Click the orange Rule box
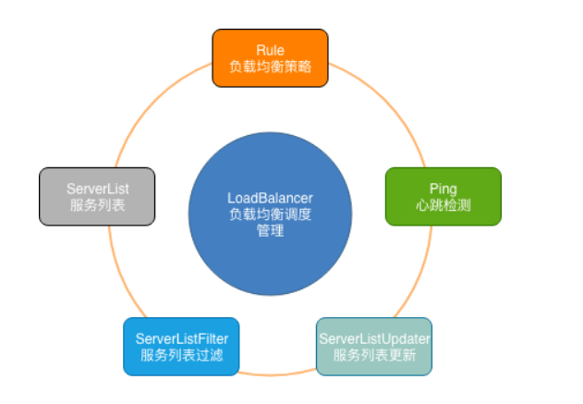click(x=270, y=57)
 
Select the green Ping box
click(x=443, y=196)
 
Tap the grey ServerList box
click(x=96, y=196)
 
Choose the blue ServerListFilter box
click(x=181, y=346)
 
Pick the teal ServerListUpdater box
click(x=374, y=346)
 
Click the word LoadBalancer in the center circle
click(x=270, y=198)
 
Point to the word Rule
click(x=270, y=49)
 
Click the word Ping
click(x=443, y=188)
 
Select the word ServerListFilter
click(x=181, y=337)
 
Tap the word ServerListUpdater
click(x=375, y=337)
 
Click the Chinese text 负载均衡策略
click(x=270, y=67)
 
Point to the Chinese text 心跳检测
click(x=443, y=205)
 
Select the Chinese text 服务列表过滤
click(x=181, y=355)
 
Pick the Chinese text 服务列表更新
click(x=375, y=355)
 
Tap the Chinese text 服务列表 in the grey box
click(x=96, y=205)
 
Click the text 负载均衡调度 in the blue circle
click(x=270, y=214)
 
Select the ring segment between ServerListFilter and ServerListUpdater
click(x=277, y=374)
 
